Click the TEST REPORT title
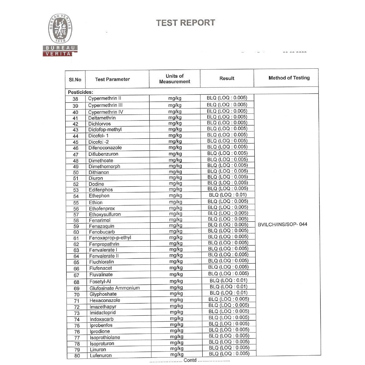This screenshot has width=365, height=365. pos(185,23)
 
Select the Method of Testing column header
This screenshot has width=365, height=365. pos(289,78)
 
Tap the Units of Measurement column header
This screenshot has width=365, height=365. pos(175,79)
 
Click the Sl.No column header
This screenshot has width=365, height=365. pos(75,80)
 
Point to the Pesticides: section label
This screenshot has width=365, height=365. pos(81,92)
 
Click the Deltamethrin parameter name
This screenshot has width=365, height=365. pos(102,118)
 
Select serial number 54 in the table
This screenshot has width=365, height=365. pos(76,196)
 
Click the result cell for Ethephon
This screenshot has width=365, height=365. pos(228,195)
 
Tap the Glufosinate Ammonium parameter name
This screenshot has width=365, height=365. pos(115,288)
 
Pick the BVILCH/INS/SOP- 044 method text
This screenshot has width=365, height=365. pos(282,224)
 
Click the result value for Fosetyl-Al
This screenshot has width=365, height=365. pos(228,280)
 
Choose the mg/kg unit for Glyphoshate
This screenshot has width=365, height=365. pos(176,293)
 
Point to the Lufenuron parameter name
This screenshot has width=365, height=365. pos(101,356)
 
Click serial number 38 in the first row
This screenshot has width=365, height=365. pos(75,99)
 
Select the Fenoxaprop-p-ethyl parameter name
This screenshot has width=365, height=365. pos(110,238)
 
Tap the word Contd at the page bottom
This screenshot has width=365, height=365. pos(190,360)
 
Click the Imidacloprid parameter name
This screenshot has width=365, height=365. pos(102,313)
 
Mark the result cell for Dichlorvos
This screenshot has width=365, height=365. pos(227,123)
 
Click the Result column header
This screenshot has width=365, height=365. pos(227,78)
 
